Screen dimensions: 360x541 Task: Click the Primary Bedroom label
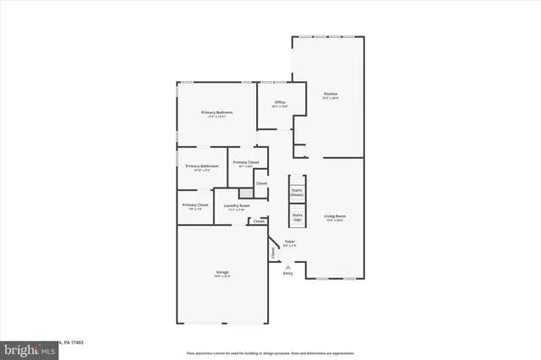(x=216, y=112)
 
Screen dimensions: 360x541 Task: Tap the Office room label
(x=279, y=102)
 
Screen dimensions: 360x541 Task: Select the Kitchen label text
(x=331, y=94)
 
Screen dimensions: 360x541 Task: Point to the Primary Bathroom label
(x=202, y=166)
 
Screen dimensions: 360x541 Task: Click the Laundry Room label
(x=237, y=205)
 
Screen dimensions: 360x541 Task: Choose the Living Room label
(x=336, y=215)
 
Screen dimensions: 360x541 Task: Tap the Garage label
(x=221, y=272)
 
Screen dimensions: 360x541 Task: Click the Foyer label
(x=289, y=242)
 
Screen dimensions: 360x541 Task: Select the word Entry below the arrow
(x=287, y=273)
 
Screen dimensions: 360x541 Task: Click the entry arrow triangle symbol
(x=287, y=266)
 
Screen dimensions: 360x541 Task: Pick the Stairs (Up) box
(x=297, y=216)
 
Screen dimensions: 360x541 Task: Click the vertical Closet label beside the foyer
(x=273, y=252)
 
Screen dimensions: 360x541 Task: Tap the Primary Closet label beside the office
(x=245, y=162)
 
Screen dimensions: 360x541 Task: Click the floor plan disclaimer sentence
(x=270, y=352)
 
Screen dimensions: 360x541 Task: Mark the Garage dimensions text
(x=221, y=276)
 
